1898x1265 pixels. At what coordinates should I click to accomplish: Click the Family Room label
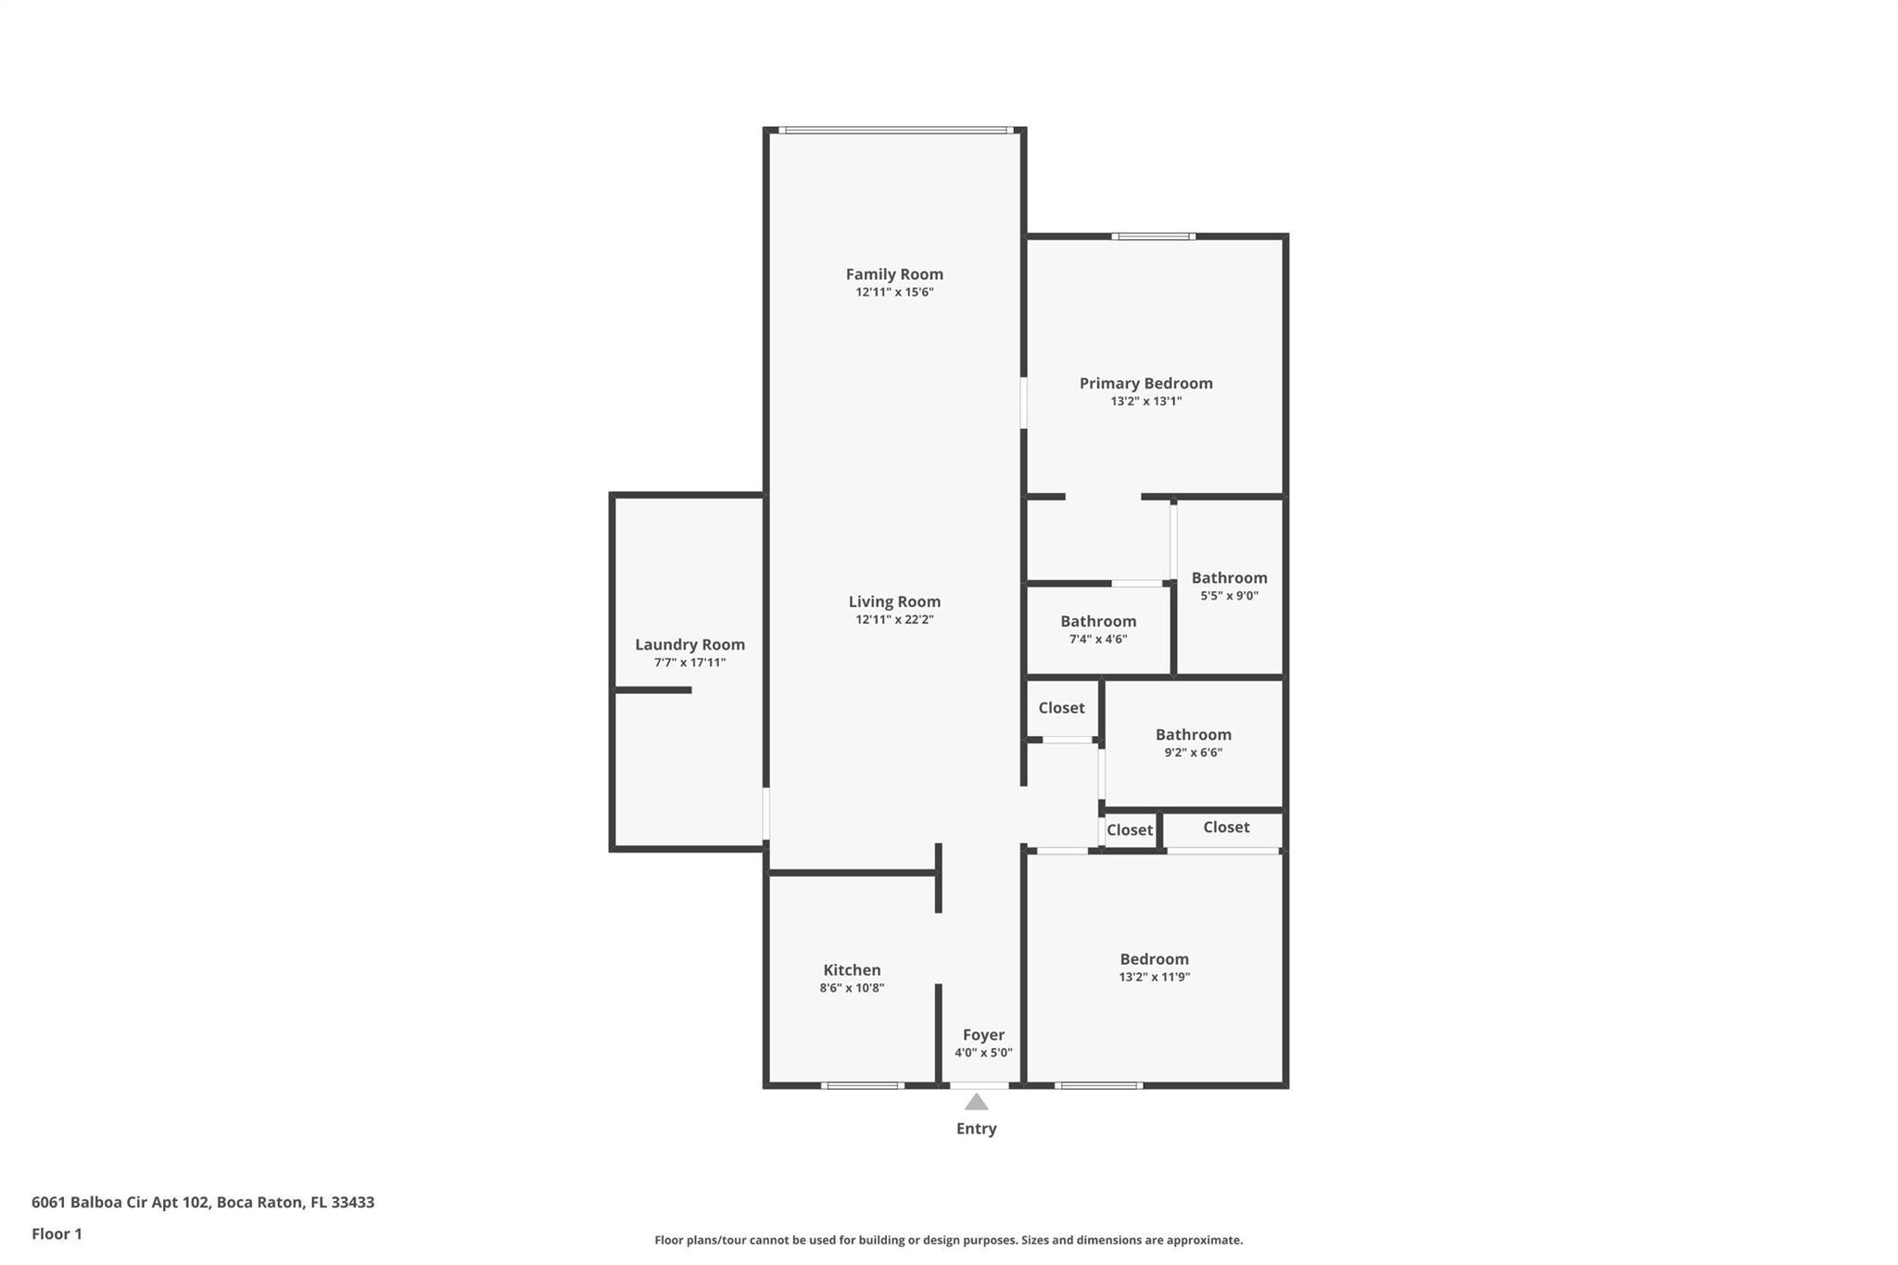894,274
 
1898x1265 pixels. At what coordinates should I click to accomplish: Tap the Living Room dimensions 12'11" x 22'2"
894,620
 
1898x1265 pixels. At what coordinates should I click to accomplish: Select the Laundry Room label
690,645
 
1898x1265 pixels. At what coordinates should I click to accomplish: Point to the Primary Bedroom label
1145,384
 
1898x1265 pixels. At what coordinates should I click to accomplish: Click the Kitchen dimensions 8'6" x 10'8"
852,988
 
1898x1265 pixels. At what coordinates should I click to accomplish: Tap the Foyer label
983,1035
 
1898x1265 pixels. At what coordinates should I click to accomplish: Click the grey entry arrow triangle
976,1102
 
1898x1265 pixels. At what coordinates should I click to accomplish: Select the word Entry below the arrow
976,1129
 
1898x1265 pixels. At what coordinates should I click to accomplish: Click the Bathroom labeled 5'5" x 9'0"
1229,578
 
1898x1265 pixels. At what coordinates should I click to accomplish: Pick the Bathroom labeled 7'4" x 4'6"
1098,622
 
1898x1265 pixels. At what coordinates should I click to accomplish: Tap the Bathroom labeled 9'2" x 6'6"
1193,735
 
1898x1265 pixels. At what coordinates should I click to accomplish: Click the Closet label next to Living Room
1061,708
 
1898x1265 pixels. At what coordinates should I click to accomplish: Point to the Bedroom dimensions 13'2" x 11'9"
1154,977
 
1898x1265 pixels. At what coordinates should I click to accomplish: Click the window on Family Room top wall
894,131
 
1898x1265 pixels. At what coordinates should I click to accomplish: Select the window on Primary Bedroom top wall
1153,237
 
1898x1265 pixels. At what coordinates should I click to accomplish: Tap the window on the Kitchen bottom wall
862,1085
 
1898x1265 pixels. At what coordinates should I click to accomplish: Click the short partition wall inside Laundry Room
652,690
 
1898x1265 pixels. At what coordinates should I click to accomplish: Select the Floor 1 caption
57,1234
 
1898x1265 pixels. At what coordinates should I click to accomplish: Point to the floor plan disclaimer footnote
948,1240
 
